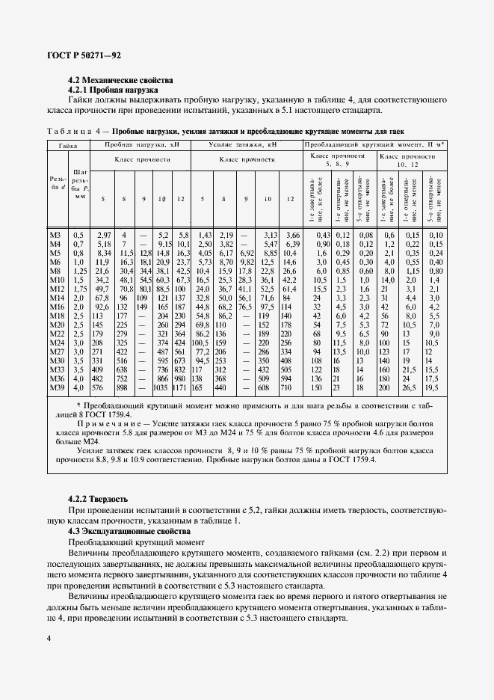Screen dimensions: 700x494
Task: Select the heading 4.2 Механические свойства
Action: (x=120, y=79)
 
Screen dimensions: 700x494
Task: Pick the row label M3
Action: (x=55, y=236)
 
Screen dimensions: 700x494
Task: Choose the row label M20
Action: (x=55, y=325)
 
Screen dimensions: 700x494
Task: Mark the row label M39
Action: (x=55, y=388)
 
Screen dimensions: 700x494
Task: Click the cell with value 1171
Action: (x=180, y=388)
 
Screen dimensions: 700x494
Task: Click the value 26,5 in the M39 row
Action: (x=409, y=388)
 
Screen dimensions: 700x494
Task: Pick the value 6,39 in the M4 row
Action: (x=291, y=245)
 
